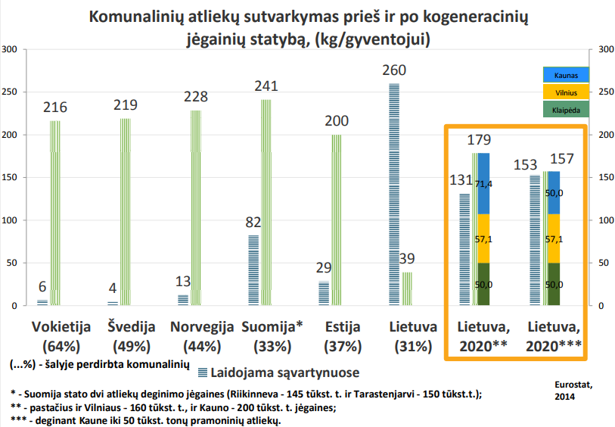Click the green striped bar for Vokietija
point(54,213)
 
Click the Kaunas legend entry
point(565,75)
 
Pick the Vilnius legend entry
point(565,92)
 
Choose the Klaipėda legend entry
point(565,108)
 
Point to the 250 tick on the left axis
point(11,92)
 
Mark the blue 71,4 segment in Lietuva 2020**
point(483,184)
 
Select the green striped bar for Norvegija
point(196,208)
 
